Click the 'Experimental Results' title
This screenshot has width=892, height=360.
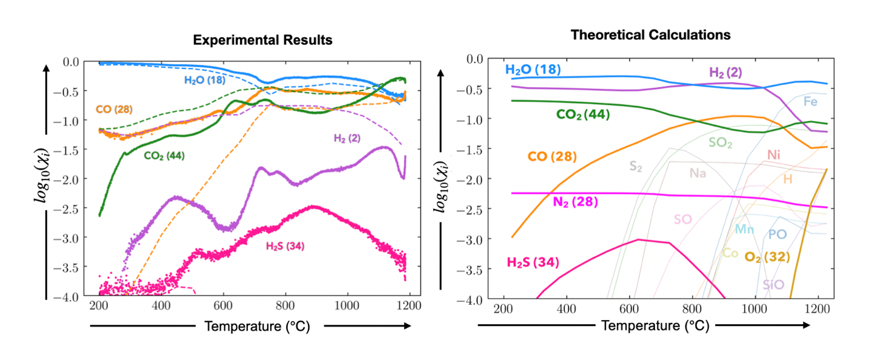[262, 41]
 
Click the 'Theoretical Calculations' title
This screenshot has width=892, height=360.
[650, 35]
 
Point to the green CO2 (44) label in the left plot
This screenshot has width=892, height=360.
[164, 156]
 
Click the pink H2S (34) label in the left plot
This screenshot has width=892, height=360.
[285, 246]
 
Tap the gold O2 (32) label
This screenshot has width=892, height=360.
[767, 257]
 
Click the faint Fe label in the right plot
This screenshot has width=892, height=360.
[810, 101]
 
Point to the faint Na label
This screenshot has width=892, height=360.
[697, 173]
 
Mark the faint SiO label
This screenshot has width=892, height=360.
[773, 284]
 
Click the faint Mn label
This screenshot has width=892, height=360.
[744, 229]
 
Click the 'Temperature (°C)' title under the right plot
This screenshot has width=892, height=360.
[645, 325]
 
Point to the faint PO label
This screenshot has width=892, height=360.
[777, 234]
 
